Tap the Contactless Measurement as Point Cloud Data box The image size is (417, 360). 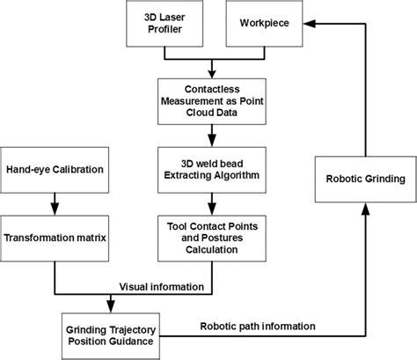[210, 101]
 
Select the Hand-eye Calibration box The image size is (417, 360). [55, 168]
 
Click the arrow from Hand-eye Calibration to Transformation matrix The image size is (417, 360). [55, 202]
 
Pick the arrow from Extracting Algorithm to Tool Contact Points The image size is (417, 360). [210, 205]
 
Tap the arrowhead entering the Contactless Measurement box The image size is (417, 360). [210, 75]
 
